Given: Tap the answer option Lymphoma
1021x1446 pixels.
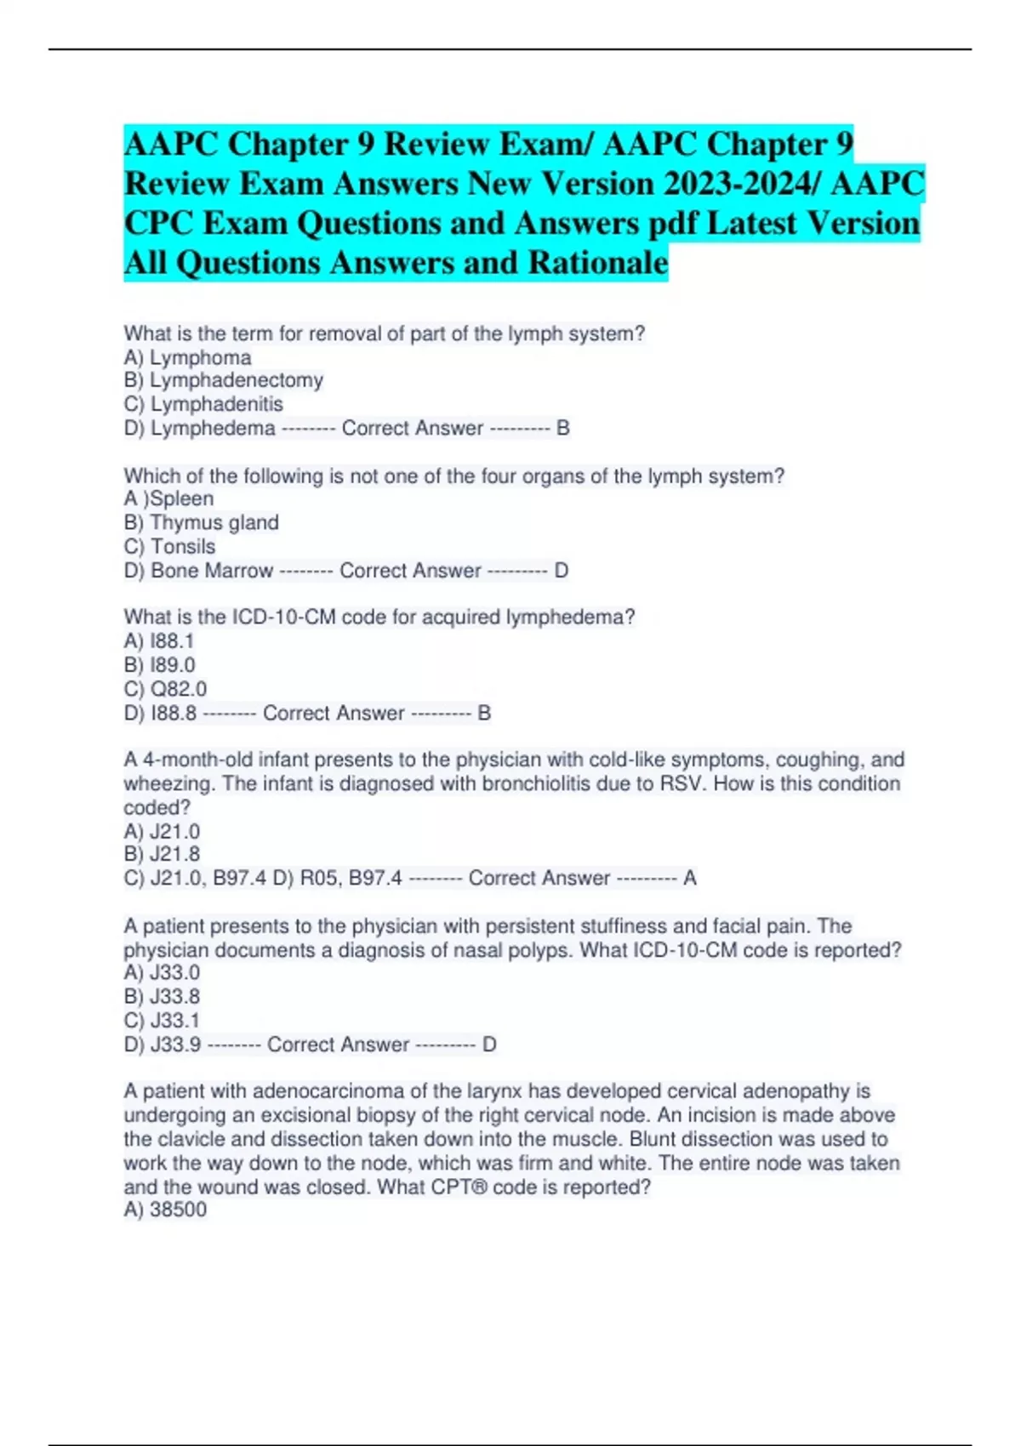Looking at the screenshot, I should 201,357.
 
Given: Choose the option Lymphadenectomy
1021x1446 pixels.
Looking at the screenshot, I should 237,380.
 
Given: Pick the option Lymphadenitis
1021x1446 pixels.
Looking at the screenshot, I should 217,404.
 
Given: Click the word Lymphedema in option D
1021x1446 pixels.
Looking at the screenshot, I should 213,428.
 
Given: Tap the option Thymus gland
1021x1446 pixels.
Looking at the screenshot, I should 214,522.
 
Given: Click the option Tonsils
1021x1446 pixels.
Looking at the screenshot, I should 183,546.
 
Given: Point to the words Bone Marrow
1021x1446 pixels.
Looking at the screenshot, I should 212,570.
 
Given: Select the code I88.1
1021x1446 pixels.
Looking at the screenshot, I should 172,640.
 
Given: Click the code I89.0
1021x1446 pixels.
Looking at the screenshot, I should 173,664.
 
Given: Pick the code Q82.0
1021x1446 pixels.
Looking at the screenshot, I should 179,688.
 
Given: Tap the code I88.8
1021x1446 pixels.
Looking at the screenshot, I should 174,713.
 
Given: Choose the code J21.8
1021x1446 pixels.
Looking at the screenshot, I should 175,854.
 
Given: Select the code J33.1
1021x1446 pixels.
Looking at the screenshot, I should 175,1020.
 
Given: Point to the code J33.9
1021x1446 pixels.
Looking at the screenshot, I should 176,1044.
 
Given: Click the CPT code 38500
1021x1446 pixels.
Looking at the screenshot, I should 178,1210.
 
